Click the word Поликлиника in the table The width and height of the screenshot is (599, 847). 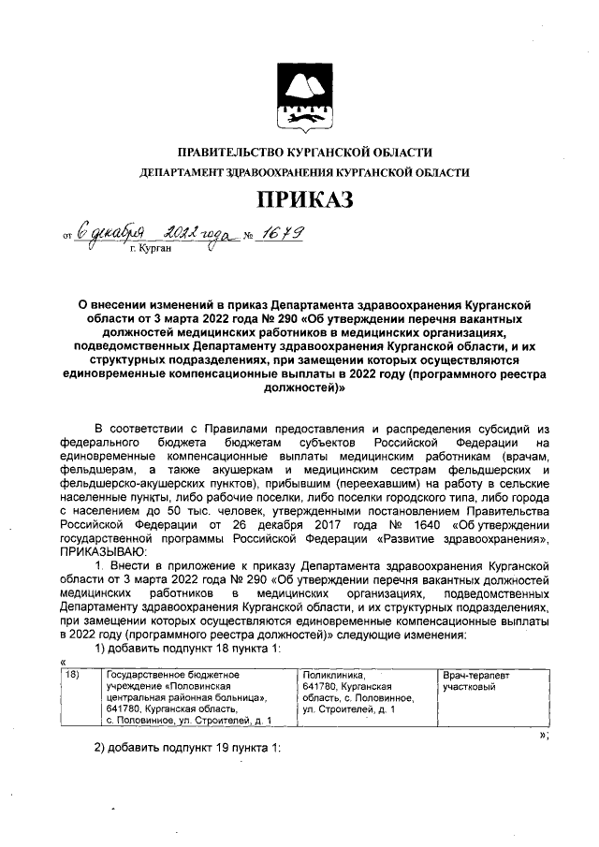point(328,674)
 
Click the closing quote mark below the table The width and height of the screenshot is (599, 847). point(544,735)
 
